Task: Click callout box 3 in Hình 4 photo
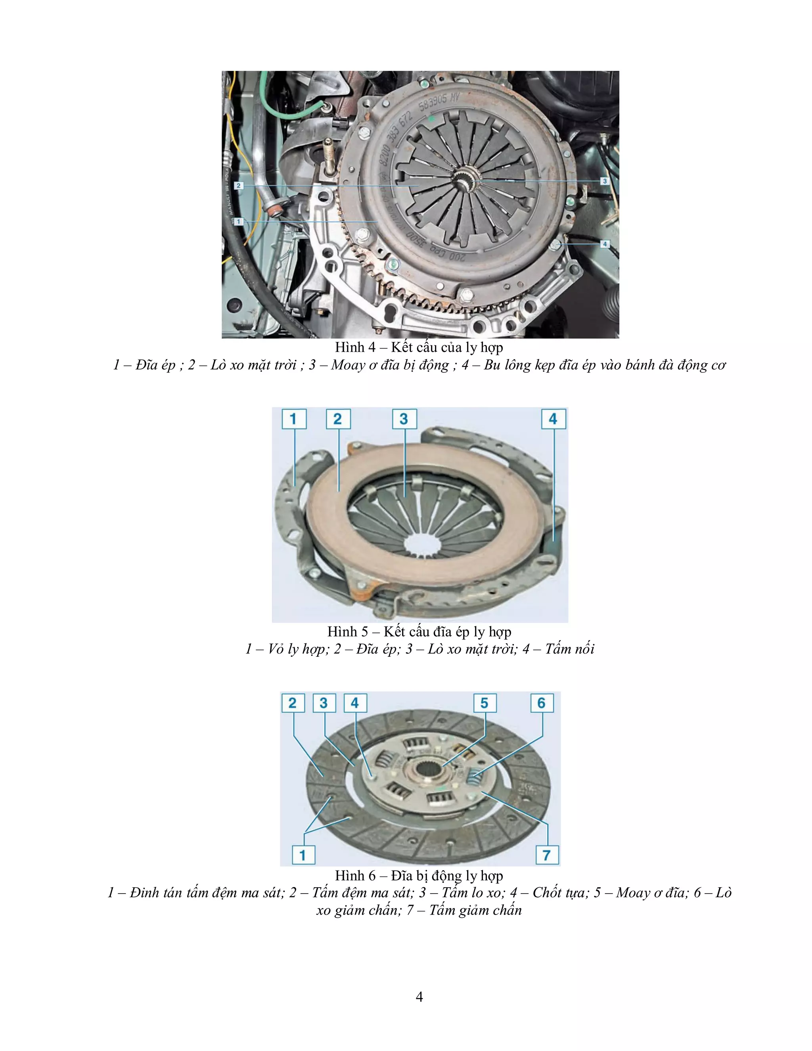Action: (605, 181)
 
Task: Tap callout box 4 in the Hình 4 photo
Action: (605, 244)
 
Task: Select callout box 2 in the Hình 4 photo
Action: (239, 185)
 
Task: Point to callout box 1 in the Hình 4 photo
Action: (239, 221)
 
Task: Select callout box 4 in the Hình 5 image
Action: (553, 419)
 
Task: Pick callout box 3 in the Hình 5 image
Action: (404, 419)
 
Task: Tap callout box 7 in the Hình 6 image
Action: (547, 855)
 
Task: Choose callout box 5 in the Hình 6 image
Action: (485, 703)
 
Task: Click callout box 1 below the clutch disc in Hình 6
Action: (303, 855)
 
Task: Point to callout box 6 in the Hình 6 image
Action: (542, 703)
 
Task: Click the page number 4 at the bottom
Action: (419, 997)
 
